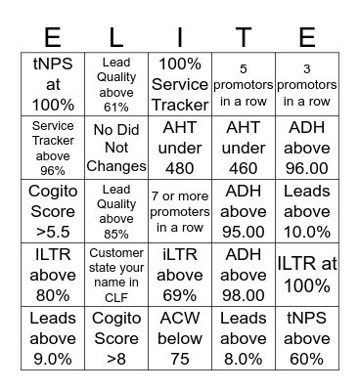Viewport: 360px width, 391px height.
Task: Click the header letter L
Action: [116, 37]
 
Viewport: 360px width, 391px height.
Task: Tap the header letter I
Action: [180, 37]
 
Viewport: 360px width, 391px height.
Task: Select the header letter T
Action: [244, 37]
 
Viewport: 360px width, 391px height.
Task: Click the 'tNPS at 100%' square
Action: [53, 84]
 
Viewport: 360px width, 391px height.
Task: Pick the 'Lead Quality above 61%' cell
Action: [116, 84]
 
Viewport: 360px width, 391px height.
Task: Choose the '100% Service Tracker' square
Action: [180, 84]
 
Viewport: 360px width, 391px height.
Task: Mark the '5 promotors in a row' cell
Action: [244, 84]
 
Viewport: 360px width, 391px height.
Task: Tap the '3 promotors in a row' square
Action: [307, 84]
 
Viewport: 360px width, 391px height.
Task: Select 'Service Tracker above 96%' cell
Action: [53, 148]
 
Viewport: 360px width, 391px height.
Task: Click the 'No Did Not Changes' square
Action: [116, 148]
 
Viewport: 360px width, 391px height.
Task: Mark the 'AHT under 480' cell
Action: [180, 148]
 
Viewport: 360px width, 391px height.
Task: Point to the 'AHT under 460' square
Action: [244, 148]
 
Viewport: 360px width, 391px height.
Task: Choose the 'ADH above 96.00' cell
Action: [307, 148]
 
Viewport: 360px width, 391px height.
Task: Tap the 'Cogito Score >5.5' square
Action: [53, 211]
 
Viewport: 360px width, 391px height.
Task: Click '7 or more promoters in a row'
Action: [180, 211]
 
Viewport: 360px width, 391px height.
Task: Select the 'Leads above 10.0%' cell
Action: [307, 211]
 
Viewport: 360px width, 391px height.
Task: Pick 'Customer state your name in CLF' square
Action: [116, 275]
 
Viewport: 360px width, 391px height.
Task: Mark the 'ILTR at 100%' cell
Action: [307, 275]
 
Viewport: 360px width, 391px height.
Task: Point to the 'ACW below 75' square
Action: [180, 338]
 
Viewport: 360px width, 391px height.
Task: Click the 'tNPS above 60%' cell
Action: [307, 338]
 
